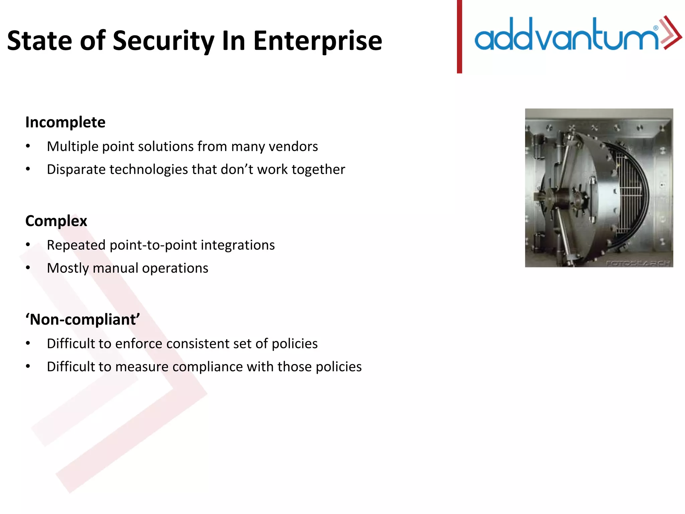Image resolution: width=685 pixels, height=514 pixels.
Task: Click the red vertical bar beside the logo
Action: [459, 37]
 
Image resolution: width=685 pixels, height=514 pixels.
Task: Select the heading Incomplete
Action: [65, 122]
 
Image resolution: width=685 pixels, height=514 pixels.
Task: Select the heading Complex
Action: [56, 221]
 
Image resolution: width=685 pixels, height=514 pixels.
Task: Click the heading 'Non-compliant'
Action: [83, 320]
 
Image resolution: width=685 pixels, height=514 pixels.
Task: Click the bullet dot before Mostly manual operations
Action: [28, 268]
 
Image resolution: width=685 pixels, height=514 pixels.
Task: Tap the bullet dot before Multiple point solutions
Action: [28, 146]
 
